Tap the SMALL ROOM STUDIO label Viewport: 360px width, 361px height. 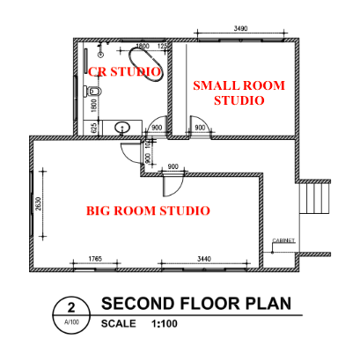click(229, 92)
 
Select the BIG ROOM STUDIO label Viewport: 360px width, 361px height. click(147, 211)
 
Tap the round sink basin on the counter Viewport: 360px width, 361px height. click(123, 129)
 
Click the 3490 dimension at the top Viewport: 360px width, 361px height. click(240, 29)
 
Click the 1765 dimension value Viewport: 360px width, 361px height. click(96, 258)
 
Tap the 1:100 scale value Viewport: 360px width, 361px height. click(165, 324)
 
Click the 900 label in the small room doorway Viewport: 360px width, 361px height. click(200, 129)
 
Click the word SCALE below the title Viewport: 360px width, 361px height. click(119, 324)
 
